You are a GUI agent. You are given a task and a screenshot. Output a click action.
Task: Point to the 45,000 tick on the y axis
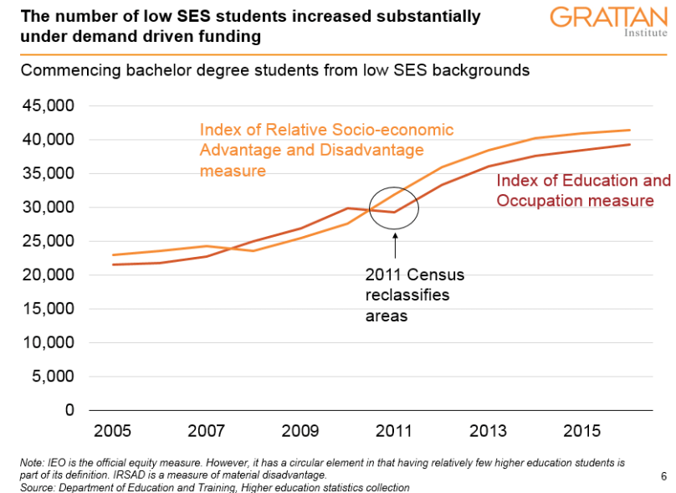[52, 105]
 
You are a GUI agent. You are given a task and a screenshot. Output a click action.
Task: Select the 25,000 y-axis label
[52, 241]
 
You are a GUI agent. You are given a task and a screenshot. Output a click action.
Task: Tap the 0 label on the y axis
[69, 410]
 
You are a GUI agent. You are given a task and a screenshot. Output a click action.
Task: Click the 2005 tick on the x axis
[112, 431]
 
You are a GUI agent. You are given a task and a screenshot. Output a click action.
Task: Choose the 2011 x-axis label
[394, 431]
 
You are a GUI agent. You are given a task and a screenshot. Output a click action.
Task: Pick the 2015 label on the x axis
[582, 431]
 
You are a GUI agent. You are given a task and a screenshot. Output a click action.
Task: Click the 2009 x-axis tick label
[300, 431]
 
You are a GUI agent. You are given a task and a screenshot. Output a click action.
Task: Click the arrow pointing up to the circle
[394, 248]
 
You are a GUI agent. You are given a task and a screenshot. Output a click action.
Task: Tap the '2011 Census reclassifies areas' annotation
[413, 295]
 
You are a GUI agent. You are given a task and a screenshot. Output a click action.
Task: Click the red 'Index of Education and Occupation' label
[583, 191]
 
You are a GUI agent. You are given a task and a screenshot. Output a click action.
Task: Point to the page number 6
[663, 476]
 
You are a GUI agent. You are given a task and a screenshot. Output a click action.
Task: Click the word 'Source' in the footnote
[36, 487]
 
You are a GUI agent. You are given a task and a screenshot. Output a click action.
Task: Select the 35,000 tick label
[52, 173]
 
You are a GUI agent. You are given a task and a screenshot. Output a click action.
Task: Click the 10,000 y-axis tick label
[52, 342]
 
